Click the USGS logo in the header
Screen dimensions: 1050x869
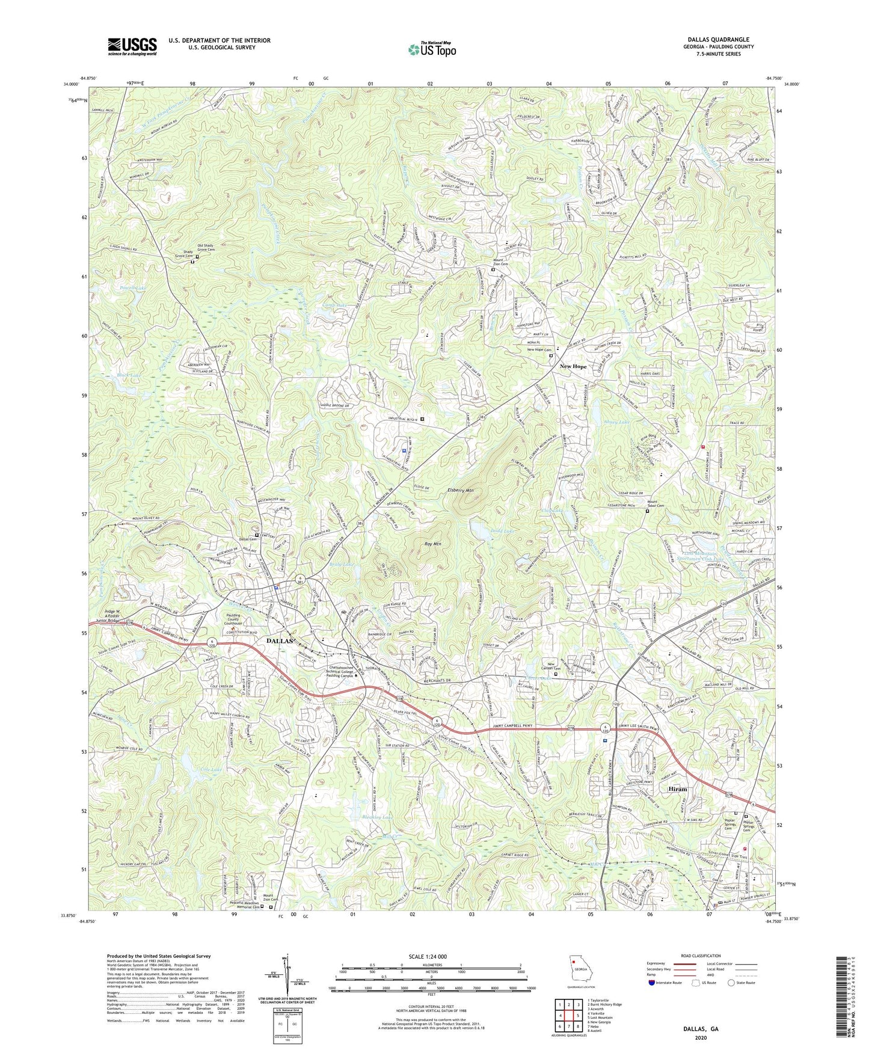pos(132,46)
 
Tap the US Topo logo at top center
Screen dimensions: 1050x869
pos(431,49)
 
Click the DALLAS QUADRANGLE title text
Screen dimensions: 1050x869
pos(715,39)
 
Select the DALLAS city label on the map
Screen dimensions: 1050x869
pos(280,641)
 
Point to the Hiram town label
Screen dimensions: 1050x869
pos(677,789)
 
